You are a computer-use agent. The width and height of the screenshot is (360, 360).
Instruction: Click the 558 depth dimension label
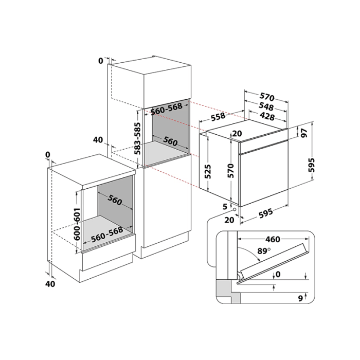pyautogui.click(x=218, y=116)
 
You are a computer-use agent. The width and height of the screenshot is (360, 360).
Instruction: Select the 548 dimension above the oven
pyautogui.click(x=266, y=106)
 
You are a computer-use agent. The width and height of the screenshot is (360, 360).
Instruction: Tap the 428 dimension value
pyautogui.click(x=268, y=116)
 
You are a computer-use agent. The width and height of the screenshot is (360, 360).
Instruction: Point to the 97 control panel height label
pyautogui.click(x=304, y=133)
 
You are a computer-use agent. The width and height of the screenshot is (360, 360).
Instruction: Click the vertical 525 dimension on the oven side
pyautogui.click(x=208, y=171)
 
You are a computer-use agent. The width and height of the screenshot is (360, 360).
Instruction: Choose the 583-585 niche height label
pyautogui.click(x=137, y=139)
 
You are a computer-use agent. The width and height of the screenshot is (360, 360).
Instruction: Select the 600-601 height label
pyautogui.click(x=77, y=224)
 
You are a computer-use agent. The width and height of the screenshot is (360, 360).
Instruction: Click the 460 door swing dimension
pyautogui.click(x=273, y=240)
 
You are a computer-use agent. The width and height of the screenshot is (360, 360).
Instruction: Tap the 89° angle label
pyautogui.click(x=263, y=251)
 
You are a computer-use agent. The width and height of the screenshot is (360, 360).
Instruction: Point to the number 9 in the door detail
pyautogui.click(x=300, y=298)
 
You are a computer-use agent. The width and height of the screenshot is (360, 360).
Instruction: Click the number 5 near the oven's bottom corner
pyautogui.click(x=225, y=206)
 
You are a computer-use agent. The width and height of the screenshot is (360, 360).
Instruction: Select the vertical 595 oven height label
pyautogui.click(x=312, y=165)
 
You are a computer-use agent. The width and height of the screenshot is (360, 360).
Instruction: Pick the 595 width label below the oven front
pyautogui.click(x=266, y=213)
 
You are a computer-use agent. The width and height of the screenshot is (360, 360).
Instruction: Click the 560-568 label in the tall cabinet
pyautogui.click(x=167, y=109)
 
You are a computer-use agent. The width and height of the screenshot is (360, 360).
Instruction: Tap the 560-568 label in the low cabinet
pyautogui.click(x=107, y=235)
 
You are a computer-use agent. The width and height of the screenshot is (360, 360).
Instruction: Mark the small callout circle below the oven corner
pyautogui.click(x=235, y=209)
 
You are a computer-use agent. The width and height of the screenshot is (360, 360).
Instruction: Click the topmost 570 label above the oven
pyautogui.click(x=267, y=97)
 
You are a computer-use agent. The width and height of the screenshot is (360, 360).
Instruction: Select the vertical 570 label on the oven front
pyautogui.click(x=230, y=171)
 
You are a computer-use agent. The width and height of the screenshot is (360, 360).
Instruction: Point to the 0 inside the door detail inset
pyautogui.click(x=278, y=274)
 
